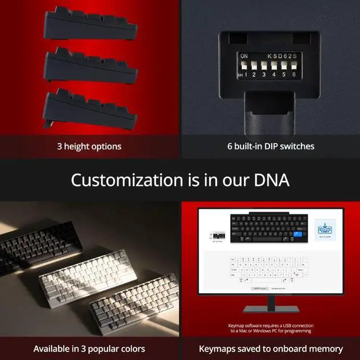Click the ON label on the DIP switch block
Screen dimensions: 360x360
tap(244, 56)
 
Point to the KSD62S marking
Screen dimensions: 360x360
tap(281, 56)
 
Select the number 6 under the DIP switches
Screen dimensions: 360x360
tap(294, 74)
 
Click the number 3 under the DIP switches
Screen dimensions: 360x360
tap(264, 74)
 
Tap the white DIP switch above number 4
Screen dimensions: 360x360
tap(274, 65)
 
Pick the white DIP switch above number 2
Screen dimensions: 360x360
tap(254, 65)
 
